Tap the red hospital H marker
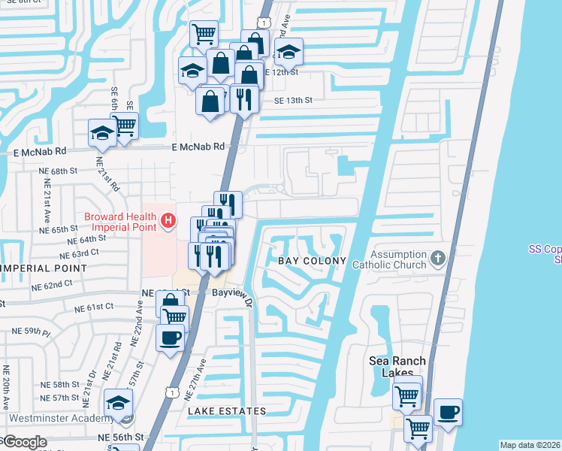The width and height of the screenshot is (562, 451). point(169,221)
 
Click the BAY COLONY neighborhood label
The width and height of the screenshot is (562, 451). point(313,261)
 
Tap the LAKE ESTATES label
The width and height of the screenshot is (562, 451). point(227,411)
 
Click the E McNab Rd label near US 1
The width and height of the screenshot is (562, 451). point(198,147)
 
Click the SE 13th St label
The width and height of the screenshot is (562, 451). point(292,99)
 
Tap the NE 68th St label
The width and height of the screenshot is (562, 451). point(59,171)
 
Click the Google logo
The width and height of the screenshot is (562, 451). point(24,442)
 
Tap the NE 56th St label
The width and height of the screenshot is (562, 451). point(119,437)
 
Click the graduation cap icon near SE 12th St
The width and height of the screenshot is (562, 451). point(288,52)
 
